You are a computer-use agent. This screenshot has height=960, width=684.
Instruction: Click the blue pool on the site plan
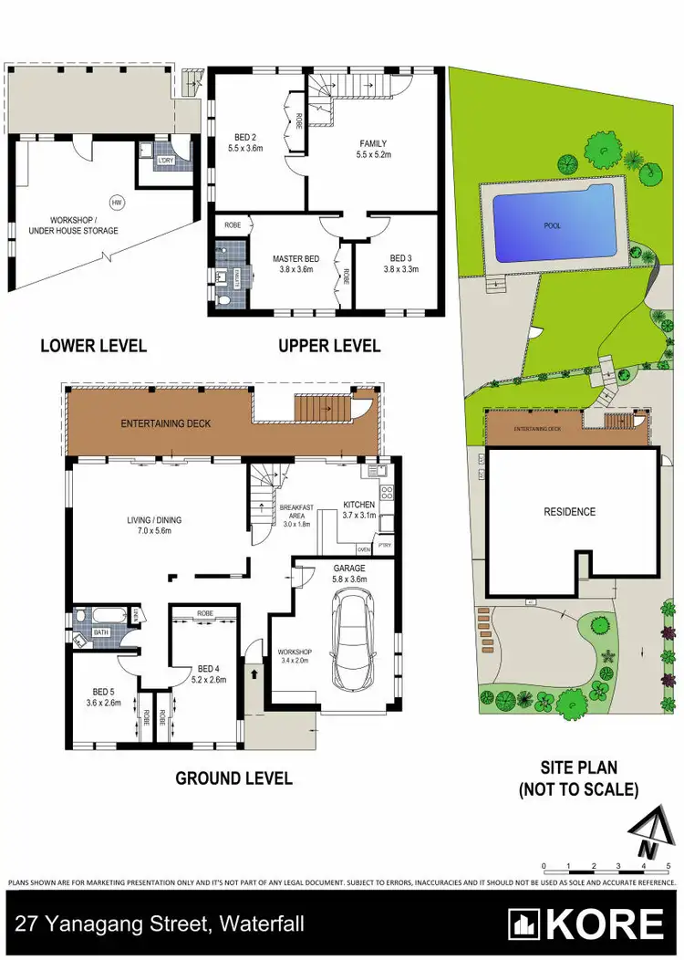553,224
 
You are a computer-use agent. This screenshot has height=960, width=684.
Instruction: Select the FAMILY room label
373,143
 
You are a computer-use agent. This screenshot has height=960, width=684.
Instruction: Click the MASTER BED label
293,259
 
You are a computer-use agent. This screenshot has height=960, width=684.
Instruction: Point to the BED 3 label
400,259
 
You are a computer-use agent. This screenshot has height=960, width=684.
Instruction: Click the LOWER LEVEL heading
94,346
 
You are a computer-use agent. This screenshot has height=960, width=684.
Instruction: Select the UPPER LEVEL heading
329,346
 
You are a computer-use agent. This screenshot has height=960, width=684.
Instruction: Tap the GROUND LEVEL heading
233,778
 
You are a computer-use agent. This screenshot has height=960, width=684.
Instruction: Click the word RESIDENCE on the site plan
570,512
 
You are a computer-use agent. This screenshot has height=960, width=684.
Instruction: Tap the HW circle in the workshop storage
116,201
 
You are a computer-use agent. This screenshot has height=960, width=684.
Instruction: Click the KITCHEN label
358,505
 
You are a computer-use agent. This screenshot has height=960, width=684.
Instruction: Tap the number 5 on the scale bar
668,865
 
